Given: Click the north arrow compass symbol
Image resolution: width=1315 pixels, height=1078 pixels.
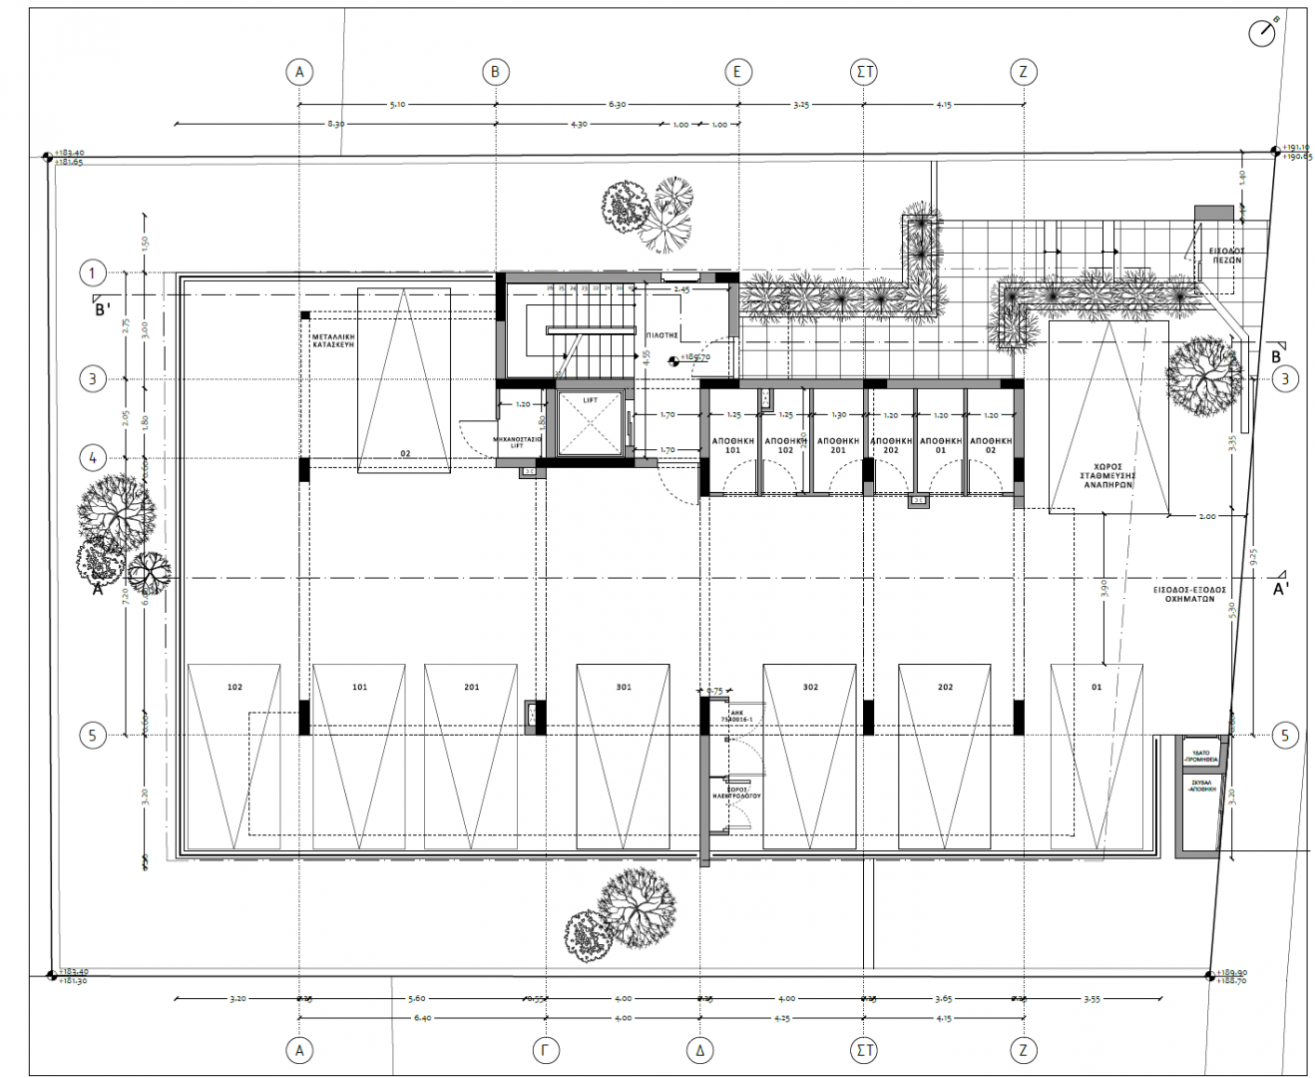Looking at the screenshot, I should click(x=1263, y=32).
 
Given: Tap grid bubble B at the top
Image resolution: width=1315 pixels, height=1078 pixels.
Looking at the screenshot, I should click(x=495, y=72).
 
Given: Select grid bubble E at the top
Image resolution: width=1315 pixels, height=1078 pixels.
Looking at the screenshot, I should click(x=737, y=72).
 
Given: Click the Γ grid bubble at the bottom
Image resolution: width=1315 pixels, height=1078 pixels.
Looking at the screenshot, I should click(x=547, y=1050).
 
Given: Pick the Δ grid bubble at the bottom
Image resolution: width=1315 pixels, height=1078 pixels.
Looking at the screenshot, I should click(x=700, y=1050).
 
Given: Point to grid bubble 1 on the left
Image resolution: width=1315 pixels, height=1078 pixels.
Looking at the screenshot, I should click(x=93, y=272).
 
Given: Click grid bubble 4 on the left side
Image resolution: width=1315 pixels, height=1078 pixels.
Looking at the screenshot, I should click(x=93, y=458).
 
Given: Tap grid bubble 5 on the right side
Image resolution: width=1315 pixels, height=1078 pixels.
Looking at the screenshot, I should click(x=1284, y=736).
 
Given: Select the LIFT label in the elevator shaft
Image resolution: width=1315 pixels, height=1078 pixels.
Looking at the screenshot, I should click(x=590, y=400).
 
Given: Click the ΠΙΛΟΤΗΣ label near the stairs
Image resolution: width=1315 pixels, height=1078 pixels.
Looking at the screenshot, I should click(x=661, y=336).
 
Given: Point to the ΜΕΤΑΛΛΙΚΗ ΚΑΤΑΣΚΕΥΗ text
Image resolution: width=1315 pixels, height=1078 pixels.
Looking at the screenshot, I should click(x=333, y=343).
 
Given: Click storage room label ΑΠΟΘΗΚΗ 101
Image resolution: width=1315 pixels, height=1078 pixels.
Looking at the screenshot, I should click(x=732, y=445).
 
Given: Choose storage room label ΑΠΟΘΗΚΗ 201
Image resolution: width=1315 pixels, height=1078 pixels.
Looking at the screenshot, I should click(x=838, y=445).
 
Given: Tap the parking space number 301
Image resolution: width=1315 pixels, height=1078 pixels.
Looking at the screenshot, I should click(x=623, y=687).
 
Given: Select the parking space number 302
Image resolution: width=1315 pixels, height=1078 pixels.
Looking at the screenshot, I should click(x=810, y=687).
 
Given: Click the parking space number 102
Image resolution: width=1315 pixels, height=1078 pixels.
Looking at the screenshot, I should click(x=234, y=687).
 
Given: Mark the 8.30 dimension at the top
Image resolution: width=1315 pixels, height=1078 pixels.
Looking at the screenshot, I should click(x=335, y=124).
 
